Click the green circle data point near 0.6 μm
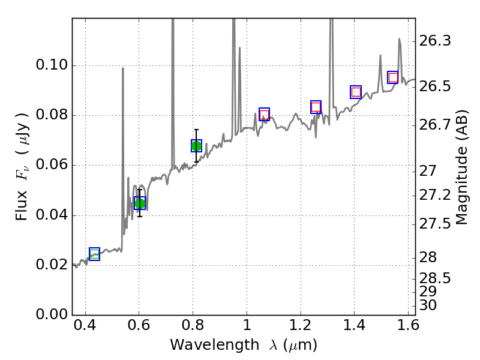(x=140, y=203)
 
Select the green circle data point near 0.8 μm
(x=196, y=146)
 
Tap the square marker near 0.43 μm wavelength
(x=94, y=254)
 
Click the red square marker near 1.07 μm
(x=264, y=115)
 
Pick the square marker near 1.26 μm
(x=316, y=107)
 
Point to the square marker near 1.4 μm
(x=356, y=92)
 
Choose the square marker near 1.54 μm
(x=393, y=77)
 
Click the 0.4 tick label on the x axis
(x=85, y=329)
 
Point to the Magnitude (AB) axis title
(x=461, y=167)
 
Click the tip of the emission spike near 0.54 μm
(x=123, y=68)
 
